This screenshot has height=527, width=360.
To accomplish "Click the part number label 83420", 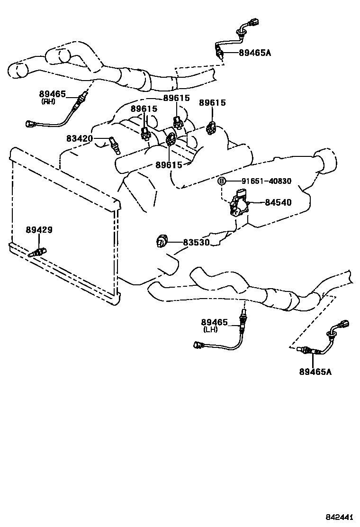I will click(x=80, y=138).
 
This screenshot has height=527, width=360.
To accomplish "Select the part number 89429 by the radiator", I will click(x=39, y=230).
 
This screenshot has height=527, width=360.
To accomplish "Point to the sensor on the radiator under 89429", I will click(x=36, y=253).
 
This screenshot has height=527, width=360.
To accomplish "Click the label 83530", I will click(x=196, y=242).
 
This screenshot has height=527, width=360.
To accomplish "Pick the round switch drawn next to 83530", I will click(x=161, y=242).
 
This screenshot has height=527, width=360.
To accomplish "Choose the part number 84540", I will click(x=278, y=202).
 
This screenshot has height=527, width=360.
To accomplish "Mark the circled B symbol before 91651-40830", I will click(x=221, y=181).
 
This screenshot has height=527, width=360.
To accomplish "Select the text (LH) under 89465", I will click(x=210, y=329).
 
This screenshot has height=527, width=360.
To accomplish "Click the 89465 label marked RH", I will click(x=53, y=94).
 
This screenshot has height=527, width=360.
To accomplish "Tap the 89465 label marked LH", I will click(x=215, y=322).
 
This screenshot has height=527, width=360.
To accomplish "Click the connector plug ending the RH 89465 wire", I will click(x=30, y=125).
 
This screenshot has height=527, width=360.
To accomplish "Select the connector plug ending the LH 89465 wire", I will click(x=198, y=345).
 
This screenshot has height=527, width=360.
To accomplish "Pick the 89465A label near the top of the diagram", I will click(x=255, y=53).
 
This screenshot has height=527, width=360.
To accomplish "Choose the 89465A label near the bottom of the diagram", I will click(x=315, y=372).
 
